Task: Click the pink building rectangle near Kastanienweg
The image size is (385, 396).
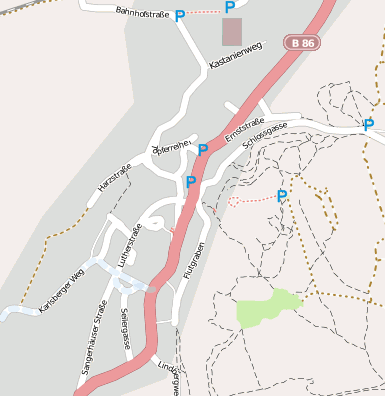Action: [x=232, y=31]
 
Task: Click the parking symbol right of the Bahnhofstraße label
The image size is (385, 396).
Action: [x=180, y=16]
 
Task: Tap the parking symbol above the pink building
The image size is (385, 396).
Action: [x=230, y=7]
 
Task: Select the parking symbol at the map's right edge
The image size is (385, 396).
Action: [x=368, y=125]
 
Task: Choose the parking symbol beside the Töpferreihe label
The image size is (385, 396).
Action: [x=203, y=150]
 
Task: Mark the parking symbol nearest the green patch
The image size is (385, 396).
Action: [x=282, y=196]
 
